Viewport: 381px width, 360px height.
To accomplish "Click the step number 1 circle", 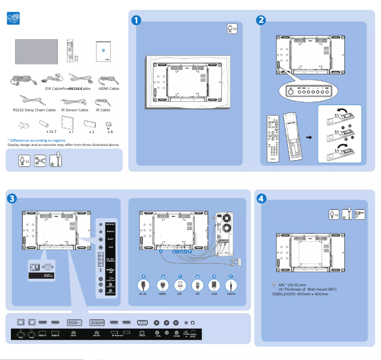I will click(136, 20).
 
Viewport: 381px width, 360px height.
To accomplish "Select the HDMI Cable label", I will click(108, 88).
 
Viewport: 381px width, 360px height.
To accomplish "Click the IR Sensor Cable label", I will click(75, 110).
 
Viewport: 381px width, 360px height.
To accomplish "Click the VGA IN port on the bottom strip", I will click(143, 322).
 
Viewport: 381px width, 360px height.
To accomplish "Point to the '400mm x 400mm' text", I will click(312, 293).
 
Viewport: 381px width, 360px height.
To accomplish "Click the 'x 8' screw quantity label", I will click(110, 131).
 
